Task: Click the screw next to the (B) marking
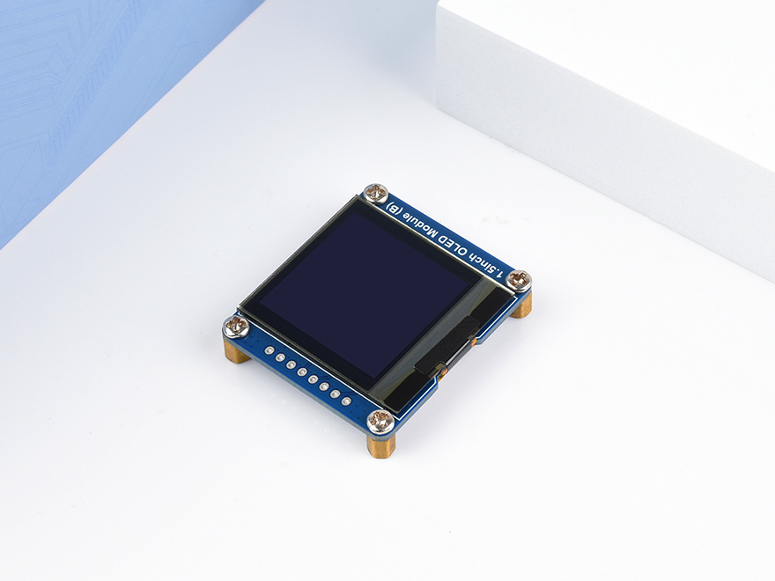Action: (376, 192)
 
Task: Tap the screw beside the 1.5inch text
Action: (520, 281)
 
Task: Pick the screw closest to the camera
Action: (380, 420)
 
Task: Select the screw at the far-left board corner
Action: (236, 327)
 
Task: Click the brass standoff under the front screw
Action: (381, 444)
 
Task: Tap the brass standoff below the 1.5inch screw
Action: (523, 305)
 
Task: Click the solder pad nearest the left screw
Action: (269, 350)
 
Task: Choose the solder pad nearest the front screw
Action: (346, 401)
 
